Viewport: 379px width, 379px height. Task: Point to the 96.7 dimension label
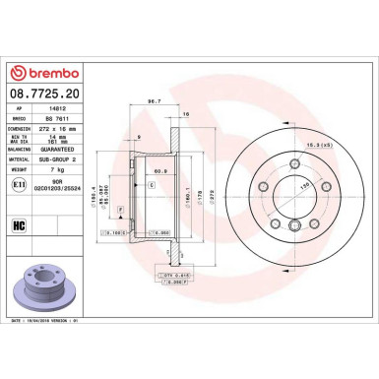click(154, 99)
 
